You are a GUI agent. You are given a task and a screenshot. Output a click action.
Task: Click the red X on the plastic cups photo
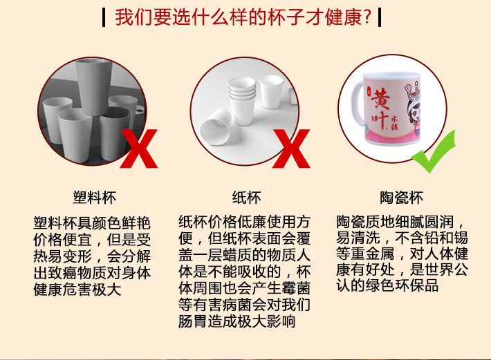(x=139, y=149)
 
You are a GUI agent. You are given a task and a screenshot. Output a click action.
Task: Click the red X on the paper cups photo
(x=292, y=149)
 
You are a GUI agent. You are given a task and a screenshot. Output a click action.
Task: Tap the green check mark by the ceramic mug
(x=434, y=152)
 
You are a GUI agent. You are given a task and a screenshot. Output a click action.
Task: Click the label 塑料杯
(x=95, y=198)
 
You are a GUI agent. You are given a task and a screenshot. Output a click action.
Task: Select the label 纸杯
(x=246, y=198)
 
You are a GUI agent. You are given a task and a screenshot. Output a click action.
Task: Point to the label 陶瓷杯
(x=402, y=198)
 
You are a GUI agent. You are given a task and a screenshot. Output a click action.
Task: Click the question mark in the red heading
(x=367, y=17)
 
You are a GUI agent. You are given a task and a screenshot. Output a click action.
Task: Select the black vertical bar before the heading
(x=104, y=17)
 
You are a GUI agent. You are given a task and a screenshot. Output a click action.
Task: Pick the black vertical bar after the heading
(x=380, y=17)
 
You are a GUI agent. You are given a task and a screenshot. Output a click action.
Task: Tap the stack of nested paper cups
(x=242, y=100)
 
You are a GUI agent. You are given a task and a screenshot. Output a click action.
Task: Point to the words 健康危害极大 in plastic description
(x=77, y=290)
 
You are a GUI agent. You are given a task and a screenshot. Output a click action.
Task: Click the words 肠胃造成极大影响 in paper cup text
(x=237, y=321)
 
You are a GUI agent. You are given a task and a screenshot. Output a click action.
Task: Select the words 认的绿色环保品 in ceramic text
(x=387, y=285)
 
